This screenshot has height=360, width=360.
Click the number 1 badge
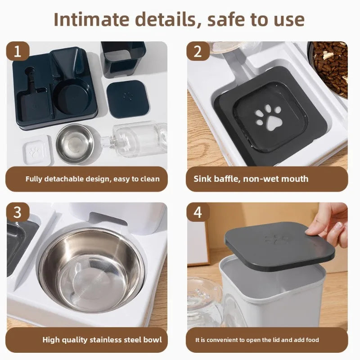tap(18, 51)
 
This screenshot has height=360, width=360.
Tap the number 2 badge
tap(198, 51)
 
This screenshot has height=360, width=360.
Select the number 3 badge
tap(18, 212)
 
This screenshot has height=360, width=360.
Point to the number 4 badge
tap(198, 212)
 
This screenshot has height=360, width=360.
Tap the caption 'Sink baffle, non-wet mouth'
tap(251, 179)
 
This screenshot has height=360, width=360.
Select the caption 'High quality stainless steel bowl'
tap(102, 339)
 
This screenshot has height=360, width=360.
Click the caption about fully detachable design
tap(92, 179)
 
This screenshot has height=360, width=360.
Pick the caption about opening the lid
tap(257, 340)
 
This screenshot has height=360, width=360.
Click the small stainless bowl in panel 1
tap(75, 143)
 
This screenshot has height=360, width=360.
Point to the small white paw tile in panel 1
tap(36, 150)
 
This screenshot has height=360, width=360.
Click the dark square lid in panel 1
tap(126, 99)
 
